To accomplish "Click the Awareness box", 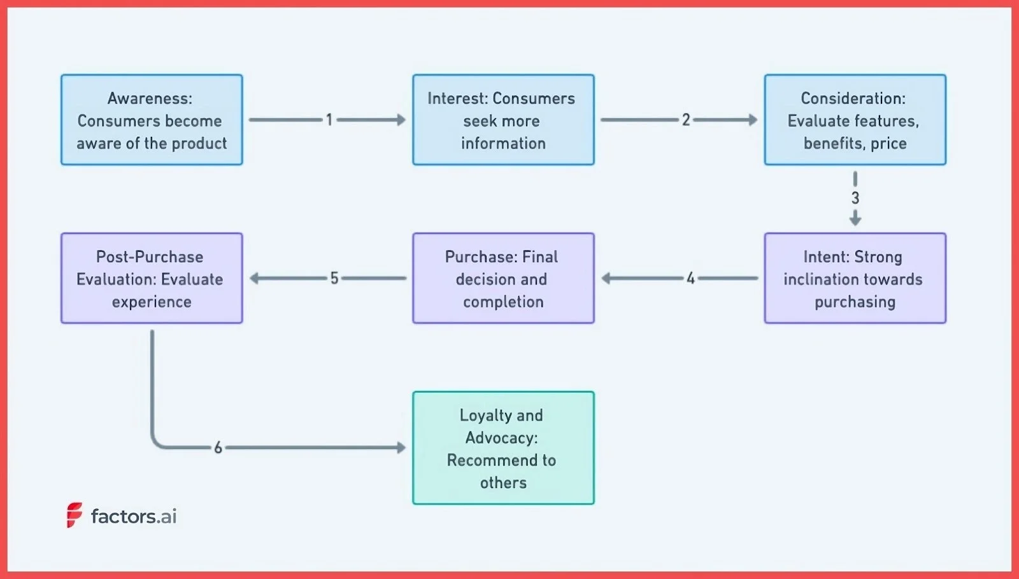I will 152,120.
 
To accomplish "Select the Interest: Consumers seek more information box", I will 503,120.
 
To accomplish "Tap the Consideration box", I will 855,120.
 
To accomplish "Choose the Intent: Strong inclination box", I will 855,278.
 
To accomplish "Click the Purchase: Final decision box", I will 503,278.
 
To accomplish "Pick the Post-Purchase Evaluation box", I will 152,278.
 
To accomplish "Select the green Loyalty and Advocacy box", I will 503,448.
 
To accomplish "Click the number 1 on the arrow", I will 329,120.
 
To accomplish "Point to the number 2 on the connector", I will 686,120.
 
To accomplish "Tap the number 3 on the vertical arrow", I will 855,198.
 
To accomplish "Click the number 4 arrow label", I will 690,278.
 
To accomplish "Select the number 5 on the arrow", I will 334,278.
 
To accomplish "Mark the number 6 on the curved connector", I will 218,448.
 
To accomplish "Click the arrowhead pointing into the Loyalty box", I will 401,448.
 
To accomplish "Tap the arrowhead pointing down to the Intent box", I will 855,220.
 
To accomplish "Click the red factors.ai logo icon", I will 75,515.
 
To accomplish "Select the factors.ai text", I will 134,516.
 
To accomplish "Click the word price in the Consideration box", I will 888,143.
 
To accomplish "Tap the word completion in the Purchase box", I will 503,302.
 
